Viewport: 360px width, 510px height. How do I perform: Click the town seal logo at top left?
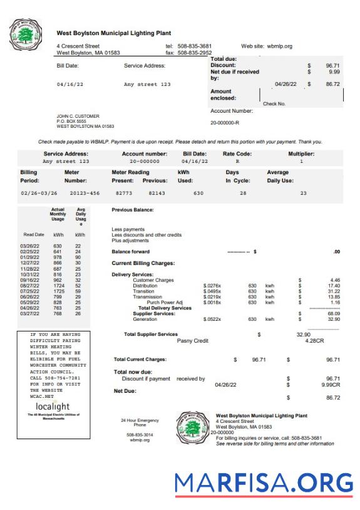coord(26,34)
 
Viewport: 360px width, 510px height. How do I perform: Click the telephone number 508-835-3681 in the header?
coord(194,46)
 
